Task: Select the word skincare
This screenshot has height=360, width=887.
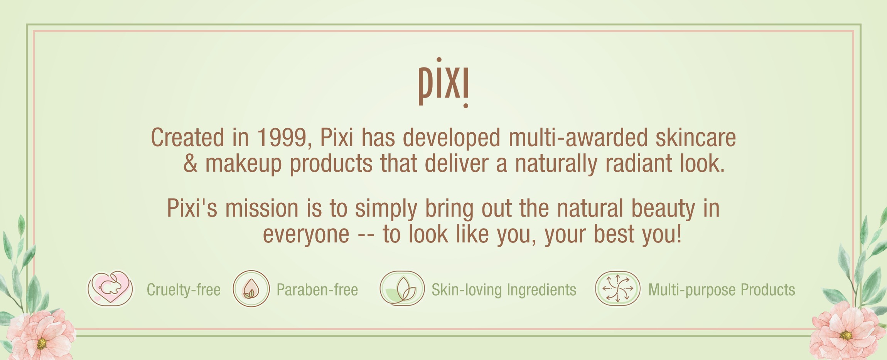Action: [696, 138]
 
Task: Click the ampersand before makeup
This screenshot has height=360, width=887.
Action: [191, 163]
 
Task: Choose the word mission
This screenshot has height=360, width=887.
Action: [262, 209]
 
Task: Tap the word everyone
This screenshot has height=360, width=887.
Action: [306, 234]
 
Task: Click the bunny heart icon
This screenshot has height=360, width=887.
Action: [110, 288]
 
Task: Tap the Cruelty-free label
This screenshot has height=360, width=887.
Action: [184, 290]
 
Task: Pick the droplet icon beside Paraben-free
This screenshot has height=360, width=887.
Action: [251, 289]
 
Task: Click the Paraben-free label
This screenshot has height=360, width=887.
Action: [317, 290]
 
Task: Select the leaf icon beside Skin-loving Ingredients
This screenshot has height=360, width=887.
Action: [402, 289]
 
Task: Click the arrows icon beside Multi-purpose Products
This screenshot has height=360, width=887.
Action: [617, 289]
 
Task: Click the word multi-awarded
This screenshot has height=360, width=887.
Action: [578, 138]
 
